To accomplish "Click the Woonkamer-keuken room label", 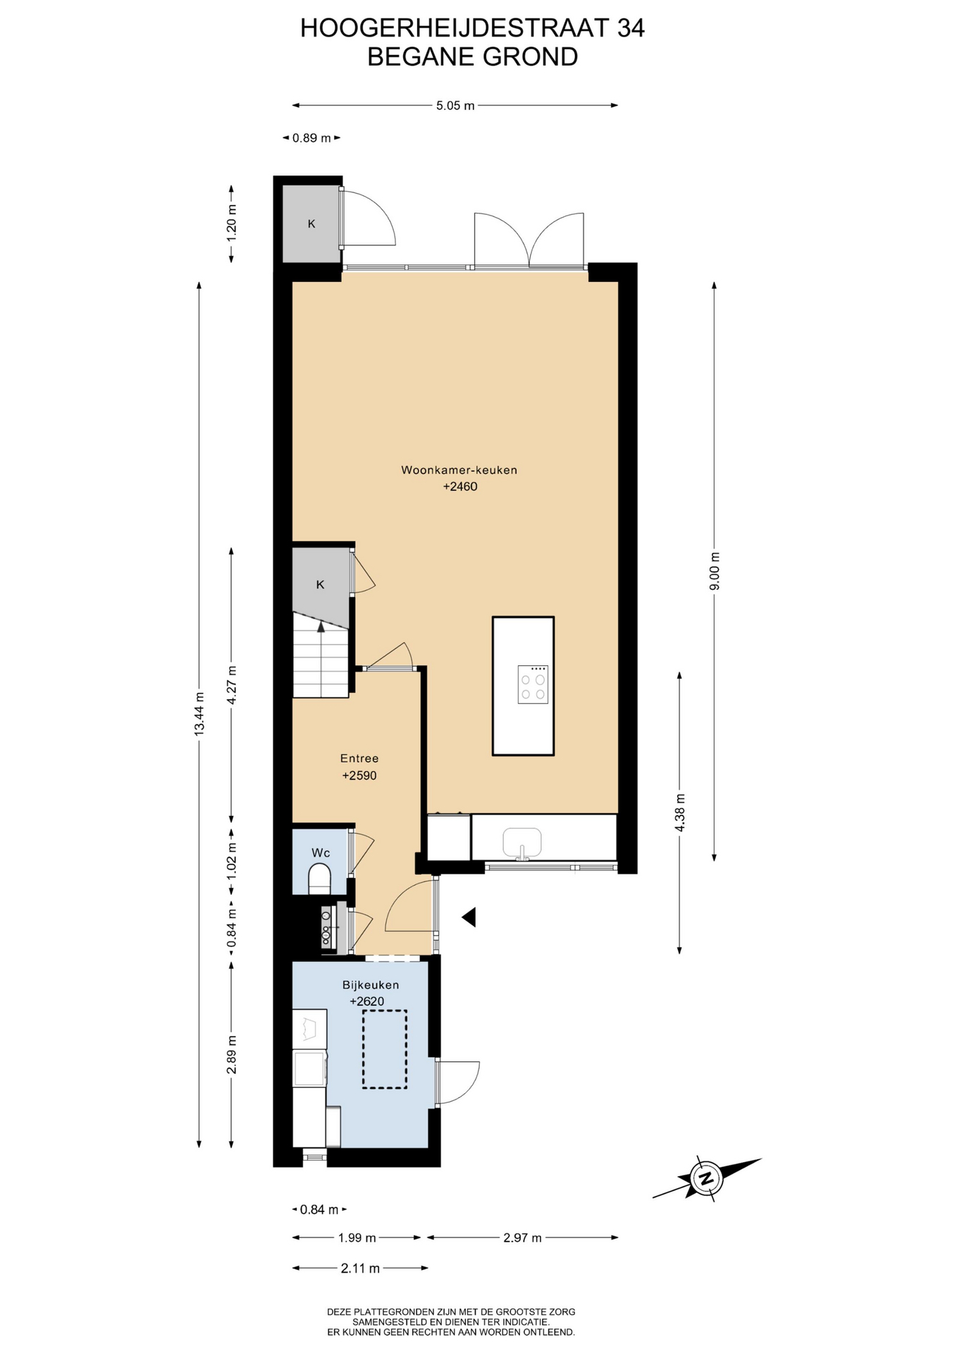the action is pos(459,470).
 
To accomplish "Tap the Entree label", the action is pos(359,759).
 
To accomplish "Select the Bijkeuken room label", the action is pos(371,985).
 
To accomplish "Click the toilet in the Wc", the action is pos(320,879).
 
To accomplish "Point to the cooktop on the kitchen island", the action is pos(533,684).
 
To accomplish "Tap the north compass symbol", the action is pos(706,1178).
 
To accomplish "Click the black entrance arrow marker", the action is pos(469,917).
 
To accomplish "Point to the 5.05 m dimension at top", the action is pos(455,106).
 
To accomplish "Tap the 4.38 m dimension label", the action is pos(680,813).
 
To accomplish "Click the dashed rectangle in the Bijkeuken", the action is pos(385,1049).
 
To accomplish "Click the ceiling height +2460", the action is pos(460,487).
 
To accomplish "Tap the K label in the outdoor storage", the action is pos(311,224).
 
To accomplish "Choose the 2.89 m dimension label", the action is pos(232,1055).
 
